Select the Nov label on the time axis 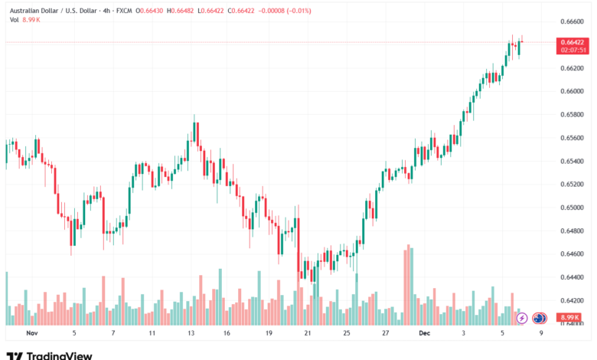(31, 334)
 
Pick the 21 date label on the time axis (307, 334)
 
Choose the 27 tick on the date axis (387, 334)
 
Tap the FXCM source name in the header (124, 10)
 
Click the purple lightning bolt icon (523, 317)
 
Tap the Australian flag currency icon (539, 317)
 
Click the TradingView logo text (59, 355)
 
